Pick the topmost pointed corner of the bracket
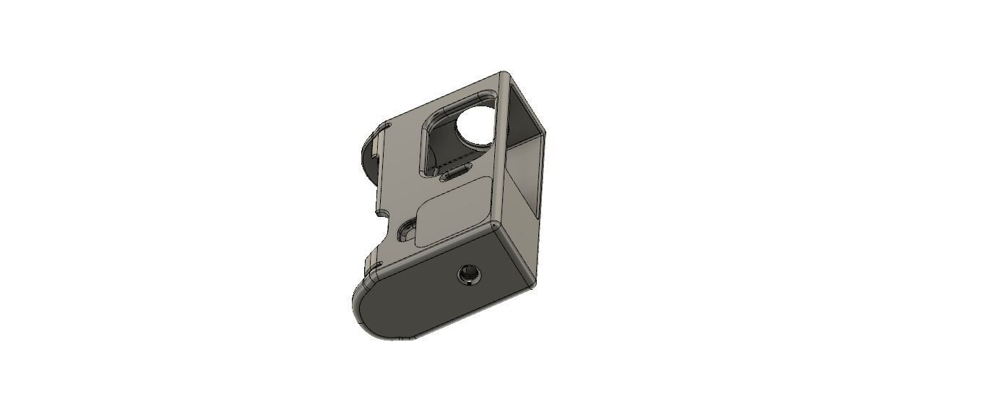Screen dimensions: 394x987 (504, 72)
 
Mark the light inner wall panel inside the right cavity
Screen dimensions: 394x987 (522, 181)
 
